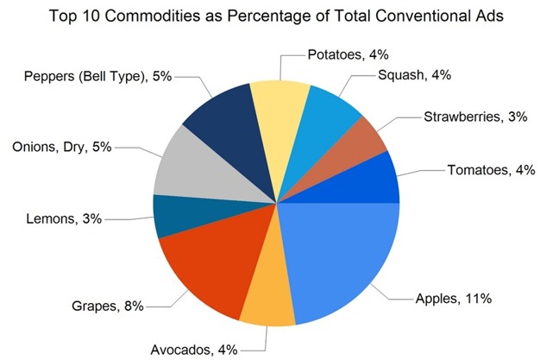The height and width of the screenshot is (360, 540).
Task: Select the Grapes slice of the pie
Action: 203,263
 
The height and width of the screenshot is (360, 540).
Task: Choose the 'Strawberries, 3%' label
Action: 475,117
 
